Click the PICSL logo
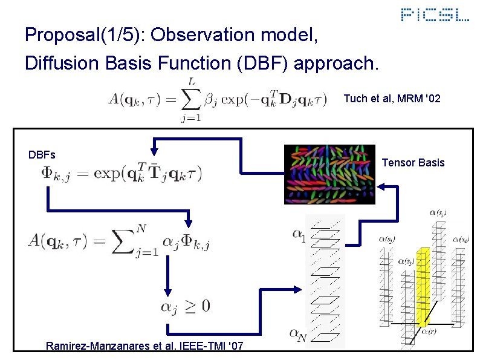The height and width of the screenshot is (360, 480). [x=435, y=15]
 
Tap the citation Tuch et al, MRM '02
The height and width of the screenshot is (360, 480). [x=392, y=98]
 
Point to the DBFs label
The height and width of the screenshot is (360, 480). [x=42, y=154]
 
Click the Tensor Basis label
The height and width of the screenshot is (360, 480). [x=414, y=162]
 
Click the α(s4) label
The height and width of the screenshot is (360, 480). [x=462, y=240]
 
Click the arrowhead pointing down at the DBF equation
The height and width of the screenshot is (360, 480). [x=155, y=149]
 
